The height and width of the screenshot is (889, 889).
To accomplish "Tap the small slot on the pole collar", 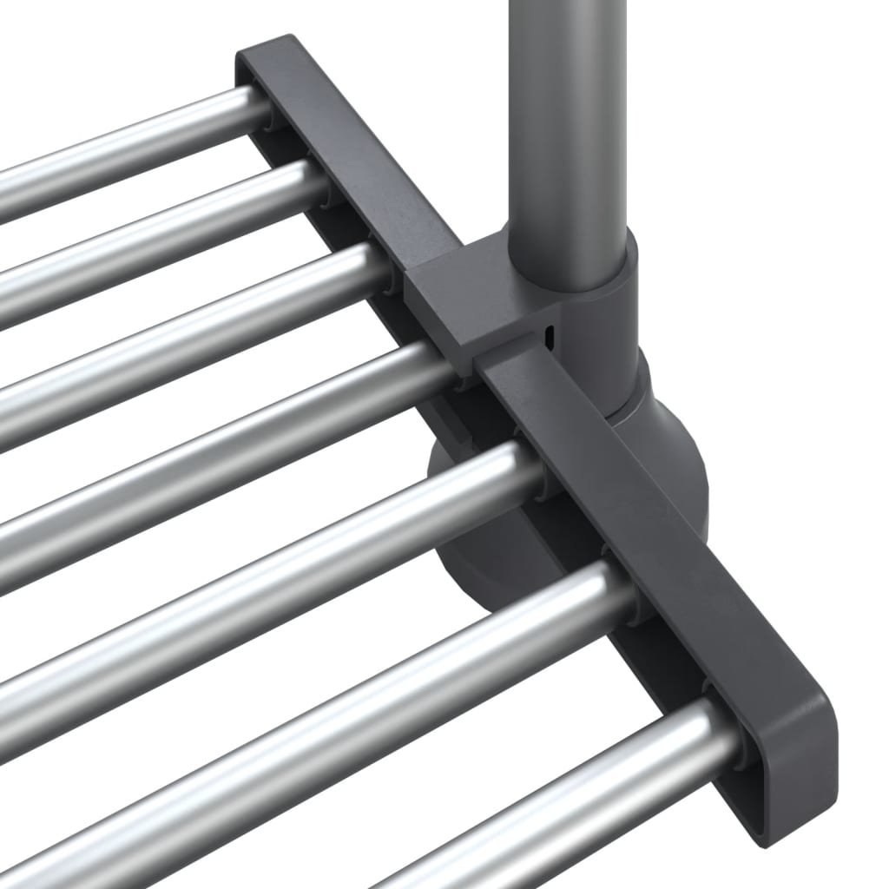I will coord(549,334).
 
